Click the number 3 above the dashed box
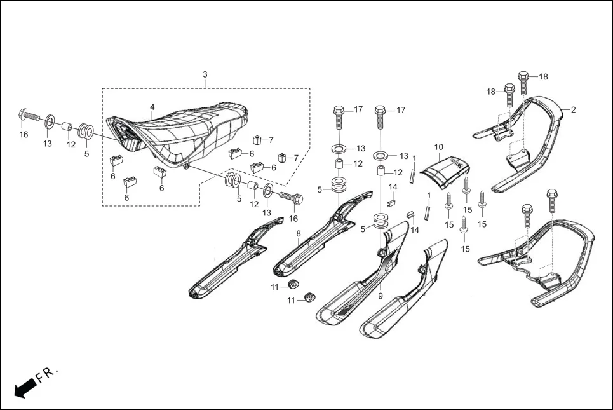tap(205, 75)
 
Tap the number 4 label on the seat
tap(152, 107)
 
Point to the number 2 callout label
tap(573, 110)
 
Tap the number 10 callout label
tap(438, 147)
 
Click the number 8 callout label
tap(299, 234)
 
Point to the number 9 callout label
tap(381, 296)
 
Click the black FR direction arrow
tap(24, 387)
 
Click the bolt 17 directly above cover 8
tap(338, 118)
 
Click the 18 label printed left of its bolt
tap(490, 92)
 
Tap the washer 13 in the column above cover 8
tap(339, 149)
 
